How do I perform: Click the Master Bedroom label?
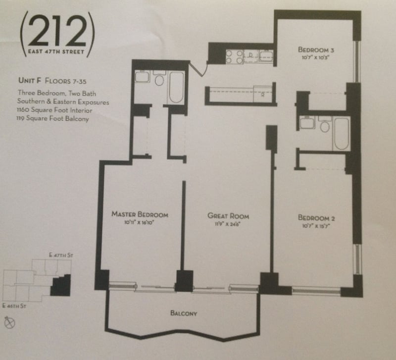pos(140,214)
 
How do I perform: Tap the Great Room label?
pos(228,216)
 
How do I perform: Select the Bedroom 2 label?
pos(316,217)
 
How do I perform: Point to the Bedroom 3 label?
pos(316,50)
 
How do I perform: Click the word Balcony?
pos(184,313)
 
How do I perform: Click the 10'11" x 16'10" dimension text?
pos(139,222)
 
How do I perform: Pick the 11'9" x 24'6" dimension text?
pos(227,224)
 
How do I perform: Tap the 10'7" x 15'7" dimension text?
pos(316,226)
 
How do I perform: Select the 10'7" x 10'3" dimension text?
pos(316,57)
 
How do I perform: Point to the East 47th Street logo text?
pos(56,52)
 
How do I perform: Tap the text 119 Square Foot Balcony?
pos(52,118)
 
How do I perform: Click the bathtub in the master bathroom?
pos(176,88)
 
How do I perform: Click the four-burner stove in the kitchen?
pos(234,56)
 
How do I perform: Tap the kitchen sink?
pos(266,55)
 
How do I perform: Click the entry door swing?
pos(199,68)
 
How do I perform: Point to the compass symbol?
pos(10,322)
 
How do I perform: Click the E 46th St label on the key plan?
pos(14,306)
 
